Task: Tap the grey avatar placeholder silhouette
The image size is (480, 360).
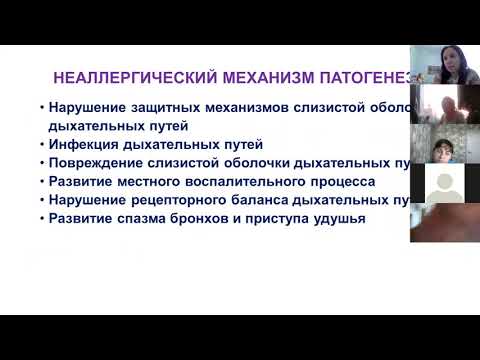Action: tap(444, 183)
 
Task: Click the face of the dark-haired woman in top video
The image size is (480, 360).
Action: tap(441, 62)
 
